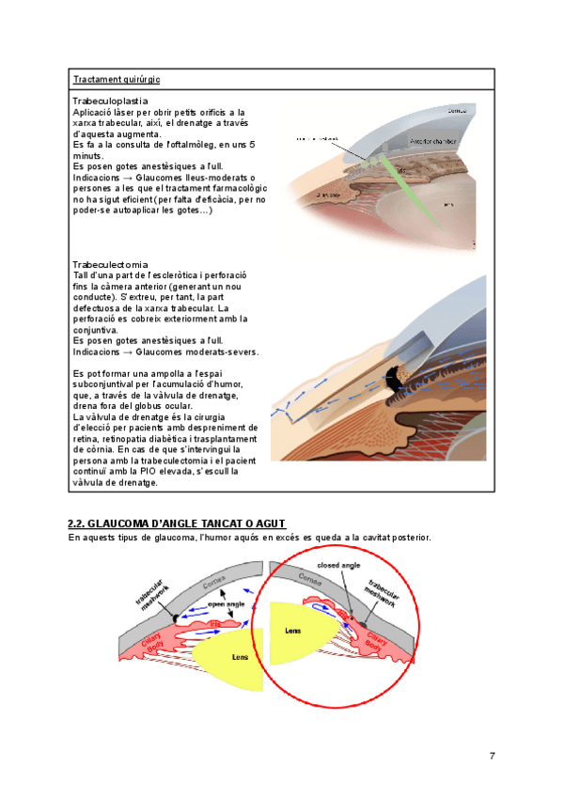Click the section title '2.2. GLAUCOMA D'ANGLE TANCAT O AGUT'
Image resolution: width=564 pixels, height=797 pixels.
point(177,524)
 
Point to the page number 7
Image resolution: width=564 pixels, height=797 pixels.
point(492,757)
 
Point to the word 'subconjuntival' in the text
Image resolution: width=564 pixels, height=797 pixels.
point(104,383)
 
